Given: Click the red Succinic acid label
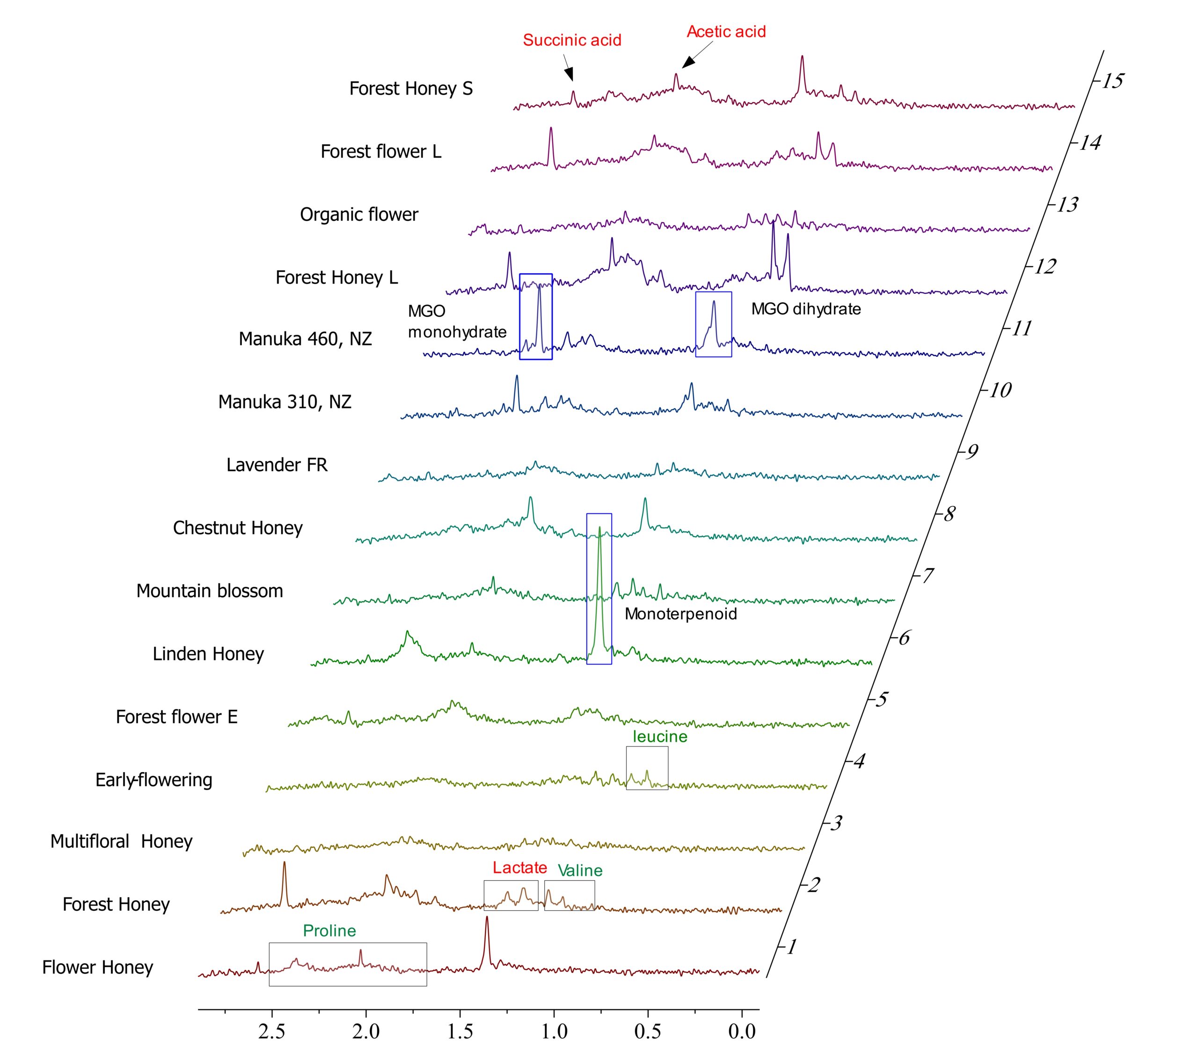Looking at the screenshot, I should pyautogui.click(x=571, y=40).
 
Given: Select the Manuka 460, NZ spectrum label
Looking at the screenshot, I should pyautogui.click(x=305, y=339).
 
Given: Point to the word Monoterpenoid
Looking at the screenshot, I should pyautogui.click(x=680, y=614).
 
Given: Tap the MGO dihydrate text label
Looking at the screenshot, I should pyautogui.click(x=805, y=309).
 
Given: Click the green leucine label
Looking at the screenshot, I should pyautogui.click(x=660, y=737).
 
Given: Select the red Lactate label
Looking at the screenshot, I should pyautogui.click(x=519, y=868).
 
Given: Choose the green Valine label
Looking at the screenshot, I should pyautogui.click(x=580, y=870).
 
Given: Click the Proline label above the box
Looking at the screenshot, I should pyautogui.click(x=329, y=931).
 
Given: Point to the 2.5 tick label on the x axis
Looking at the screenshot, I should pyautogui.click(x=272, y=1031).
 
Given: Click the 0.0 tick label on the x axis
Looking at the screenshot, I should pyautogui.click(x=742, y=1031).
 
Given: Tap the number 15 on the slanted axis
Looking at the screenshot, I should pyautogui.click(x=1112, y=80).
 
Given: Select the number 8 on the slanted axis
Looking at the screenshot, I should pyautogui.click(x=949, y=514).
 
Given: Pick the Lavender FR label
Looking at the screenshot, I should pyautogui.click(x=277, y=465).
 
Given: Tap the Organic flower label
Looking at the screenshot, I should pyautogui.click(x=359, y=215).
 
